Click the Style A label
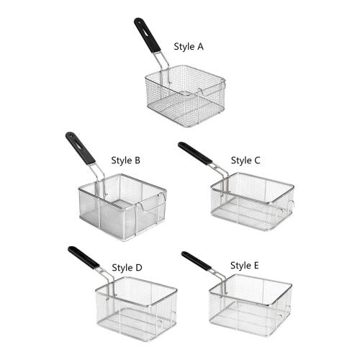(x=189, y=47)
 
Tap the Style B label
(x=126, y=161)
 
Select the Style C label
(x=246, y=161)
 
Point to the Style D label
(x=127, y=268)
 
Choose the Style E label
(x=245, y=266)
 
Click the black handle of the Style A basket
(x=147, y=35)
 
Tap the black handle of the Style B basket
(x=80, y=148)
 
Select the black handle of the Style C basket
(x=195, y=153)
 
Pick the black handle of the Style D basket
(x=84, y=258)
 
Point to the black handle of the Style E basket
(x=197, y=261)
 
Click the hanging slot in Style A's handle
(x=144, y=31)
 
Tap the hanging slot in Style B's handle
(x=76, y=144)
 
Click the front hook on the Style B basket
(x=142, y=207)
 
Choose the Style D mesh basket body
(x=136, y=309)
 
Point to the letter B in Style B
(x=138, y=160)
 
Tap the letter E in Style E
(x=256, y=265)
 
